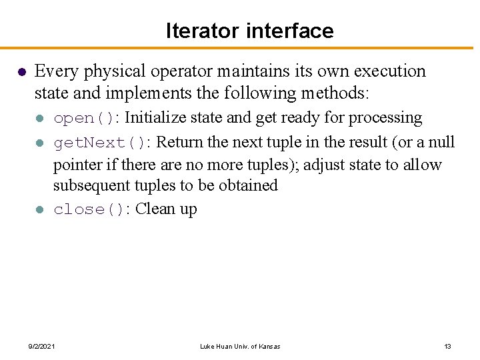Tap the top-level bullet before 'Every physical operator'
pyautogui.click(x=21, y=72)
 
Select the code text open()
pyautogui.click(x=83, y=119)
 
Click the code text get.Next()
pyautogui.click(x=99, y=143)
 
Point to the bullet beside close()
pyautogui.click(x=40, y=210)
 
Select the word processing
pyautogui.click(x=386, y=118)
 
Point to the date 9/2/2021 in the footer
pyautogui.click(x=41, y=346)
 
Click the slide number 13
pyautogui.click(x=447, y=346)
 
